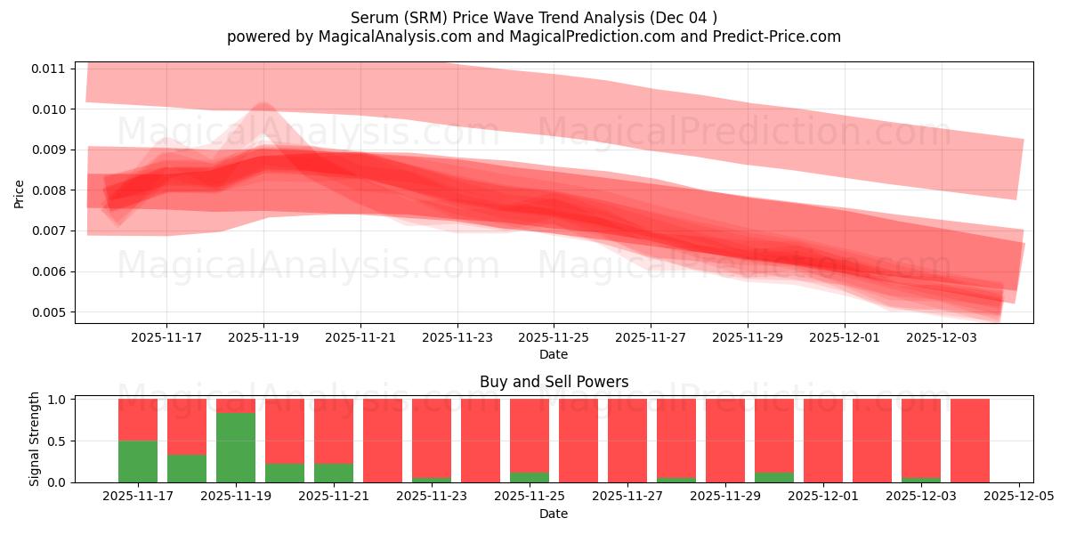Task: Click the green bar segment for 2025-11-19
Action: (236, 448)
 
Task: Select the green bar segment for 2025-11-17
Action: (138, 461)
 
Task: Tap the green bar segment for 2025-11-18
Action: (187, 468)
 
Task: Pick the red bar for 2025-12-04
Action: (970, 441)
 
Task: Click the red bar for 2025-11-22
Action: (383, 441)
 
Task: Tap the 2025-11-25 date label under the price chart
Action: (554, 338)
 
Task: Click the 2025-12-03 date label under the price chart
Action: (942, 338)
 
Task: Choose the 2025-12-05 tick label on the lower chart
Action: (1018, 497)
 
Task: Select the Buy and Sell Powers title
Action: (554, 382)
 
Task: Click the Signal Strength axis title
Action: (35, 440)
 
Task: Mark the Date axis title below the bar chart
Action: (554, 514)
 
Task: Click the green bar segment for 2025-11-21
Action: (334, 473)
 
